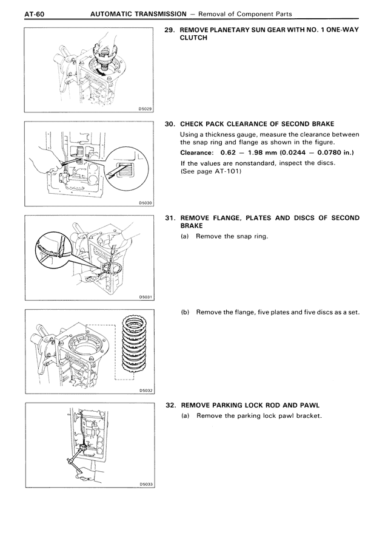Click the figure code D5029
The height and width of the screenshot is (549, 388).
(x=145, y=108)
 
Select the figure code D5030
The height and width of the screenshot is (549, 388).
(x=145, y=203)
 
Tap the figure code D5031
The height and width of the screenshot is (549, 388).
(x=145, y=297)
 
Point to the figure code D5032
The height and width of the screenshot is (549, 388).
(x=145, y=391)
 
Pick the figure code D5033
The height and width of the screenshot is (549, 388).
(x=145, y=485)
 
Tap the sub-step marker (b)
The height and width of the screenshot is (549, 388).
(x=186, y=313)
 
